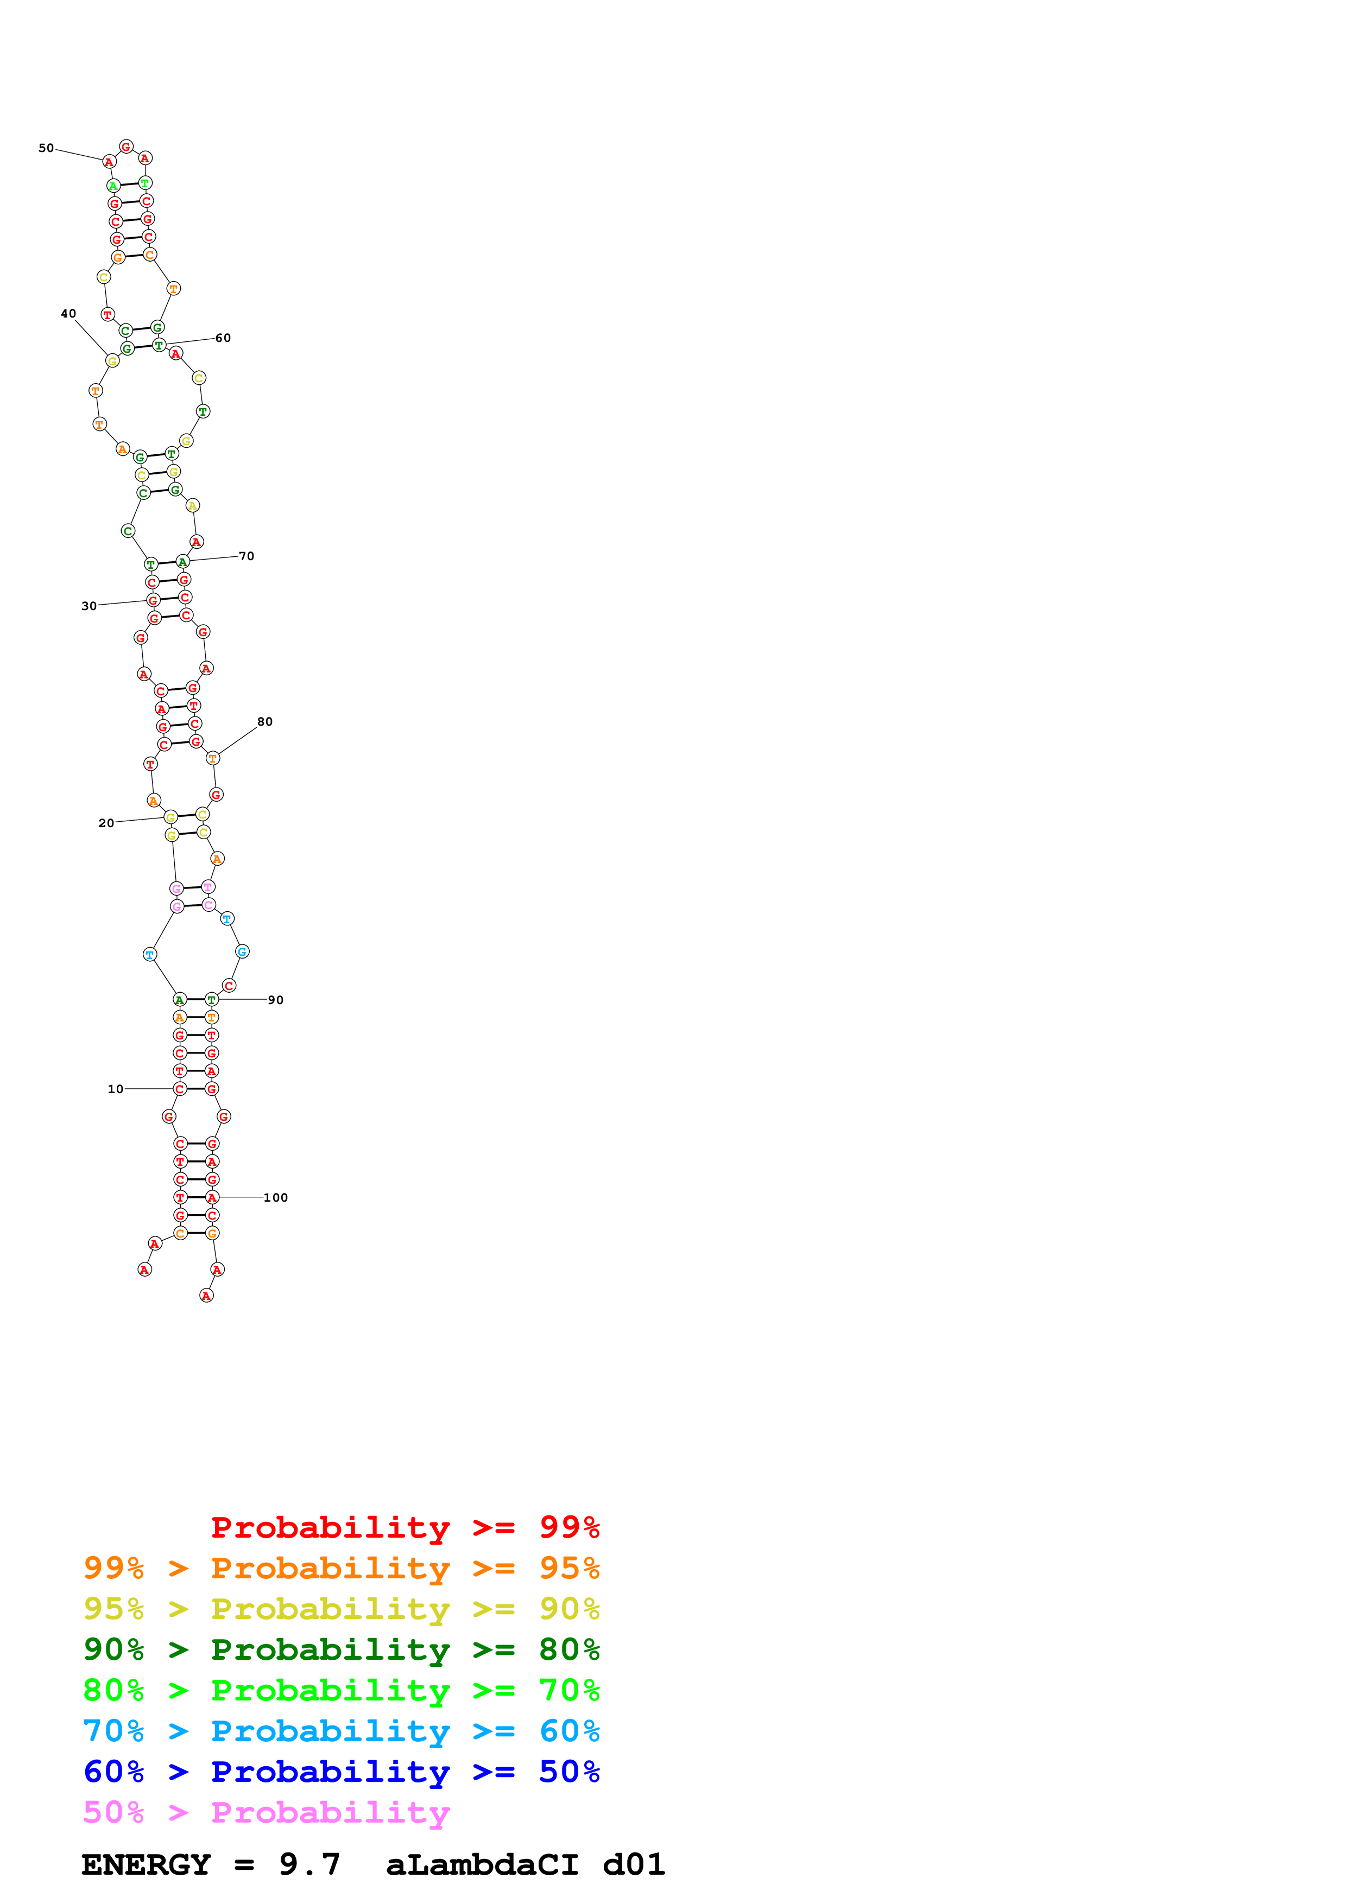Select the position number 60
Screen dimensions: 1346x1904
pyautogui.click(x=223, y=338)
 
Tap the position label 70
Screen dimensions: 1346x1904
pyautogui.click(x=247, y=556)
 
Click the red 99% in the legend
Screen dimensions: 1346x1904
pyautogui.click(x=569, y=1527)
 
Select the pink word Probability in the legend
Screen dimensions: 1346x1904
pyautogui.click(x=330, y=1813)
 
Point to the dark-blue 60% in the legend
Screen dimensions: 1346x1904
pyautogui.click(x=113, y=1772)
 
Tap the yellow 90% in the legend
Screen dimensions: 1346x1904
pyautogui.click(x=569, y=1609)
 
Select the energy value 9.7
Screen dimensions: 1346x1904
pyautogui.click(x=309, y=1865)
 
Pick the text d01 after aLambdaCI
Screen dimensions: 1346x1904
pyautogui.click(x=634, y=1865)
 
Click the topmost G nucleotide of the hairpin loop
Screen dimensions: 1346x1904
pyautogui.click(x=126, y=147)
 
